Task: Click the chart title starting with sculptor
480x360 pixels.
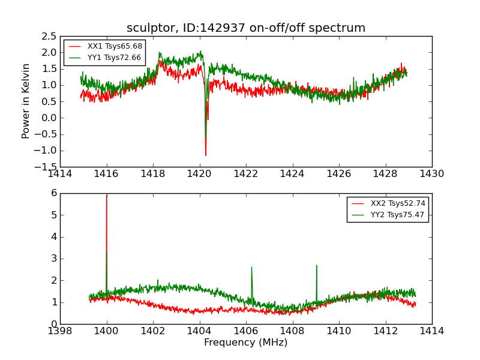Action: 246,28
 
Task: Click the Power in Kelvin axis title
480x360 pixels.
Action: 26,101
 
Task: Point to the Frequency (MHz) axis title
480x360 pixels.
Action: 246,343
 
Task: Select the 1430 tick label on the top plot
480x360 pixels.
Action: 431,174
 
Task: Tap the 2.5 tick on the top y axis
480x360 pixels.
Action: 49,36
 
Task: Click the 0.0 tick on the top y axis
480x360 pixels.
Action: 49,118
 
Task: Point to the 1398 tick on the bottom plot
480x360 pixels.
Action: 60,331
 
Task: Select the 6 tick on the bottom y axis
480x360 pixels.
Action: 54,193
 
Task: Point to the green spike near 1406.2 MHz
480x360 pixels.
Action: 251,268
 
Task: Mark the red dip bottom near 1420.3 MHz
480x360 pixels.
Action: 206,155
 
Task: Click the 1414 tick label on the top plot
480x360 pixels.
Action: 60,174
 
